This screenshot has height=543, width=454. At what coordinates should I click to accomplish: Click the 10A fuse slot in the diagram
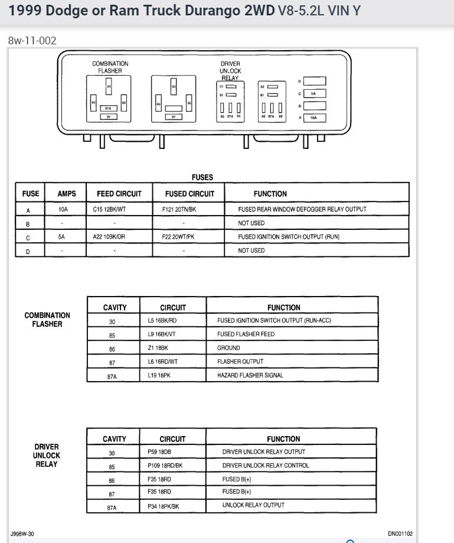(x=314, y=118)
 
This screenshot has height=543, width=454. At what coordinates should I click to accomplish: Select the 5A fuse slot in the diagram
(x=314, y=93)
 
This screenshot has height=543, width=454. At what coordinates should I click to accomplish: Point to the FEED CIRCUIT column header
(x=118, y=194)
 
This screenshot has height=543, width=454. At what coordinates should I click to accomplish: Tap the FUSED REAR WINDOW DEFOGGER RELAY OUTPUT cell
(x=302, y=209)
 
